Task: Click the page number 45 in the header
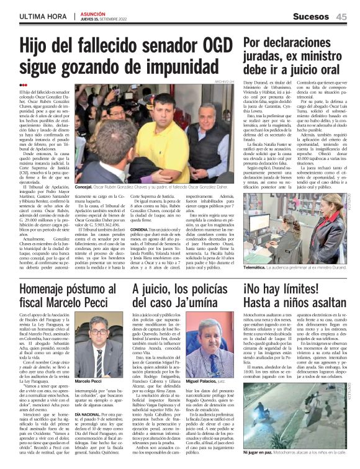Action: click(x=342, y=17)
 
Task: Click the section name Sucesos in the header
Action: click(x=310, y=17)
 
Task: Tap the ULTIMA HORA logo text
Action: click(x=43, y=16)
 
